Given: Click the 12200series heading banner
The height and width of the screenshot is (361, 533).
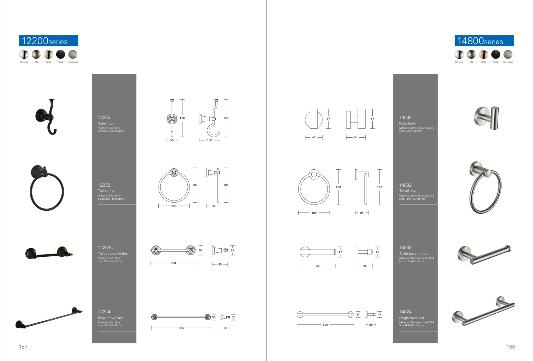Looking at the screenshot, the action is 49,41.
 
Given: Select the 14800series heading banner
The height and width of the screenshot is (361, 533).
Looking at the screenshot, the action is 484,41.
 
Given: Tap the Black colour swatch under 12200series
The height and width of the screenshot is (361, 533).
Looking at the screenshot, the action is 60,54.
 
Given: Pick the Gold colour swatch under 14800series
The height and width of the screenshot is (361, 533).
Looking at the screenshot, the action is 483,54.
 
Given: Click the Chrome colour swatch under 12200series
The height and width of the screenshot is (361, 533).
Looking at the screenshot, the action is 24,54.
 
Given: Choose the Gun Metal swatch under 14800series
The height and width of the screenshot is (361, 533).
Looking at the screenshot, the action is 508,54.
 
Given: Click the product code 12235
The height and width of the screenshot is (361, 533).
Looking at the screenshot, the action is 104,117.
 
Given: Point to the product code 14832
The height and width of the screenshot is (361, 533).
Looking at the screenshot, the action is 405,185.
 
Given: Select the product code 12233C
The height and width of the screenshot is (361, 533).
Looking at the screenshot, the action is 106,248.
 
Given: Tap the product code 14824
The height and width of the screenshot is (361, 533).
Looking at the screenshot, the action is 405,312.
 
